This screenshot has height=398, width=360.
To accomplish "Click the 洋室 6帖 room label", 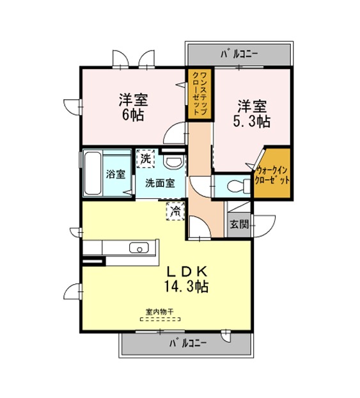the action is (x=133, y=107).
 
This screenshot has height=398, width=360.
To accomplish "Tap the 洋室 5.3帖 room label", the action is (x=251, y=114).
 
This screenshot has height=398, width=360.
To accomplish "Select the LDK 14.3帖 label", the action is (x=187, y=279).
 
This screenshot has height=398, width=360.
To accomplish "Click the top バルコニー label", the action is (x=239, y=54).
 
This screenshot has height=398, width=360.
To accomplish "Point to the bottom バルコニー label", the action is (x=188, y=344).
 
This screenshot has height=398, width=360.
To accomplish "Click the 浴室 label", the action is (x=116, y=174).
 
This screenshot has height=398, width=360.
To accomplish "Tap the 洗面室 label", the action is (x=160, y=183).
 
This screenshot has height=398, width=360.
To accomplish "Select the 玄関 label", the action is (x=239, y=225).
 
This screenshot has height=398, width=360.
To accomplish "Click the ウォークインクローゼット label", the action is (x=272, y=175).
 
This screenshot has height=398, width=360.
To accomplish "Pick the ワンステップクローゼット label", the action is (x=200, y=94).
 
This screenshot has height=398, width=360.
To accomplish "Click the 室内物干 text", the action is (x=160, y=312).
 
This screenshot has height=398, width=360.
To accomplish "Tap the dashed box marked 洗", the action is (x=145, y=159).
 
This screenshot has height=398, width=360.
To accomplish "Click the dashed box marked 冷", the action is (x=175, y=211).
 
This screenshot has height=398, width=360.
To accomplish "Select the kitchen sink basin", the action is (x=139, y=248).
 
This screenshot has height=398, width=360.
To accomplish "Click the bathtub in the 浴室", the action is (x=93, y=173).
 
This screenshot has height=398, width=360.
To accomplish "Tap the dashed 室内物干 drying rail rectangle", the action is (x=160, y=319).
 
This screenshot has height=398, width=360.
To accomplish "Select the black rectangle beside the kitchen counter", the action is (x=93, y=261).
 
